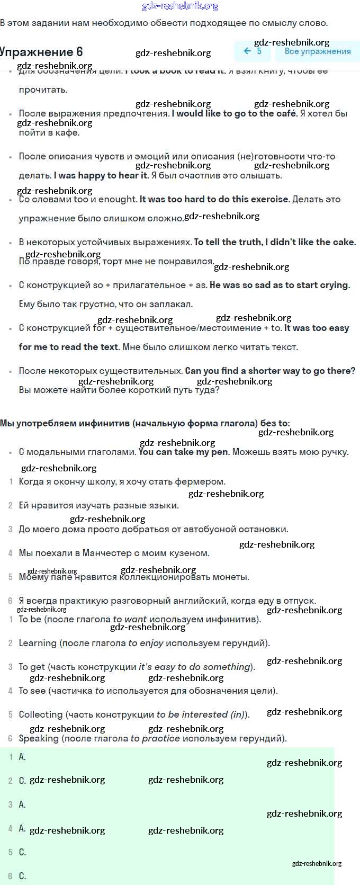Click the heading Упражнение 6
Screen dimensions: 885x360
click(x=41, y=52)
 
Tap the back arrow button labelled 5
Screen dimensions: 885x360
click(x=253, y=51)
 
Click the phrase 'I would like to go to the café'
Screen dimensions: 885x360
click(x=235, y=113)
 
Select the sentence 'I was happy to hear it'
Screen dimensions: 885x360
click(x=101, y=175)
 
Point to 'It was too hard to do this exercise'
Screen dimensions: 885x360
click(x=214, y=199)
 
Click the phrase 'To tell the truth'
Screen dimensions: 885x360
click(x=228, y=242)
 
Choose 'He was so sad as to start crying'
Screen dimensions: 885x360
click(x=280, y=285)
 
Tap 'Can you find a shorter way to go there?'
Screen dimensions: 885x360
click(x=270, y=371)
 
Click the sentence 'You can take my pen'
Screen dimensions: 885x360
click(x=184, y=452)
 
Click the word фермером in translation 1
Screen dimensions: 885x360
click(x=205, y=481)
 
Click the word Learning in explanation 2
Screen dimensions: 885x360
click(x=38, y=643)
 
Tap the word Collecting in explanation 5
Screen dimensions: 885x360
click(x=40, y=714)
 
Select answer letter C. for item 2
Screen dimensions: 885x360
click(x=22, y=781)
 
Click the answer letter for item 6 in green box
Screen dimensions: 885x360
click(x=22, y=876)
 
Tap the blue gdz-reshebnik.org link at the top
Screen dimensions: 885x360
click(x=180, y=6)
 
